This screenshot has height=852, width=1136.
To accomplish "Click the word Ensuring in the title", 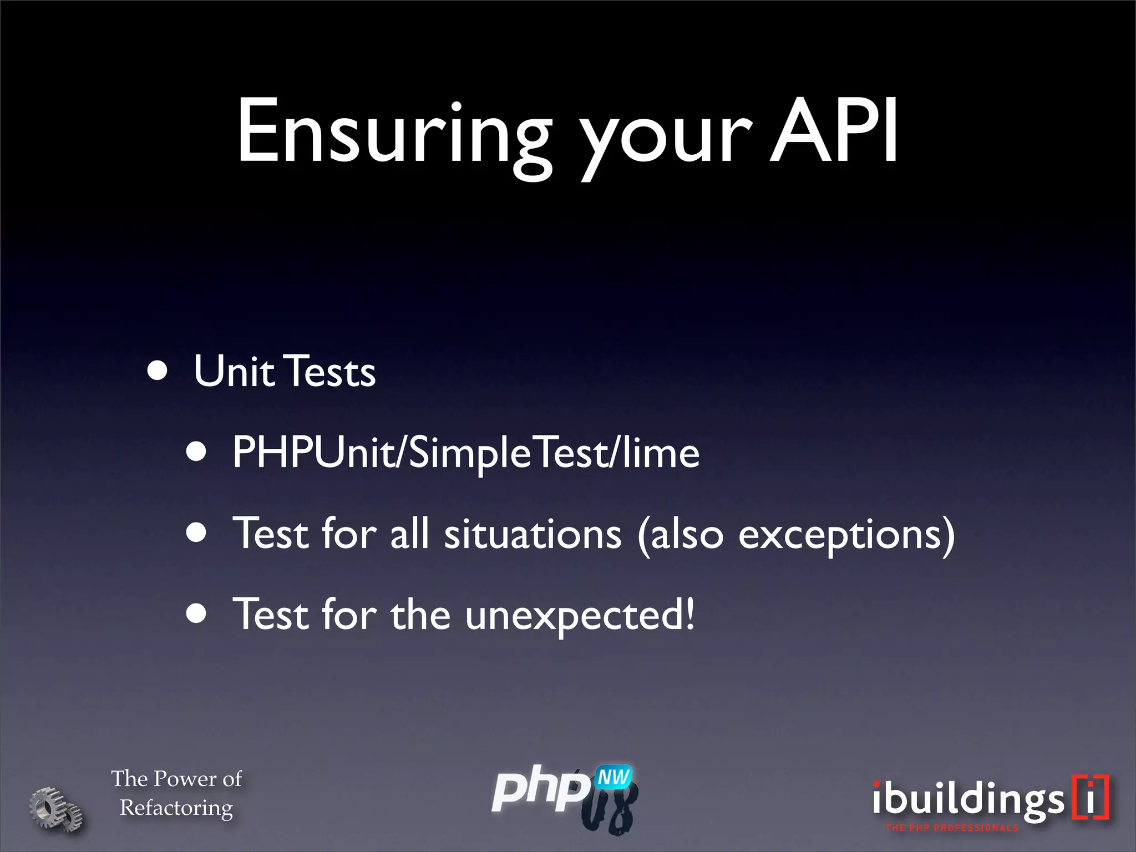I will tap(394, 133).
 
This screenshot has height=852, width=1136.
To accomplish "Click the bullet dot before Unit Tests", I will tap(158, 371).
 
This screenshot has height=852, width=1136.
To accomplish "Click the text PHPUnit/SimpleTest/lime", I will tap(465, 453).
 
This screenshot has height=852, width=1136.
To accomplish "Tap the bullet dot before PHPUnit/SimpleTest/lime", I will tap(196, 452).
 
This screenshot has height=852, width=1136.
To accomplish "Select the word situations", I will tap(532, 534).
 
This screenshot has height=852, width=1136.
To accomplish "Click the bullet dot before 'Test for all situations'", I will tap(196, 533).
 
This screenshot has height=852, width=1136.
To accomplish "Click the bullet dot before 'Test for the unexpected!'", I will tap(196, 614).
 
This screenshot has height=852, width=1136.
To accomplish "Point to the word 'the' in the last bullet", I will tap(420, 615).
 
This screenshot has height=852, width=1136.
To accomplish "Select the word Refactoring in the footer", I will tap(176, 808).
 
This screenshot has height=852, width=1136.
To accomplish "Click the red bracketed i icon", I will tap(1091, 797).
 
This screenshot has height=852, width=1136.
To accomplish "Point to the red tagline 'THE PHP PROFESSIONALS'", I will tap(952, 828).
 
